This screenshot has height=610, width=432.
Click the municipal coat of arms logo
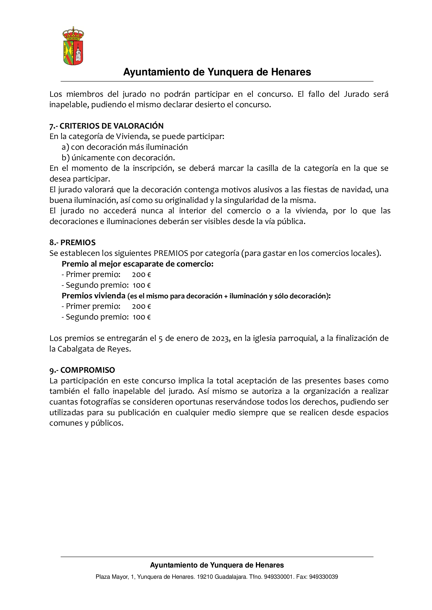[73, 46]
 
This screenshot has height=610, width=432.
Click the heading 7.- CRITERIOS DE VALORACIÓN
[106, 126]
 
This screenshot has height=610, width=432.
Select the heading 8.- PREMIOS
[72, 243]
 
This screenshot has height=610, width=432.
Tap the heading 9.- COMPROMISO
[82, 370]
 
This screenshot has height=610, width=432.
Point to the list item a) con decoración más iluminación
[125, 147]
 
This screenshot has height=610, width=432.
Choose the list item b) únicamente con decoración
[118, 158]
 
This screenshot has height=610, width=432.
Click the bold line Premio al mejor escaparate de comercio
[138, 264]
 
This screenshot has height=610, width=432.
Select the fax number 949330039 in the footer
[323, 577]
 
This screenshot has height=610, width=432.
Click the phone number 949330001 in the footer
[278, 577]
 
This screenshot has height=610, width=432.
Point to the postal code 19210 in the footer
[205, 577]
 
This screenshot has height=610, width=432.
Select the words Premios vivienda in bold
[93, 296]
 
